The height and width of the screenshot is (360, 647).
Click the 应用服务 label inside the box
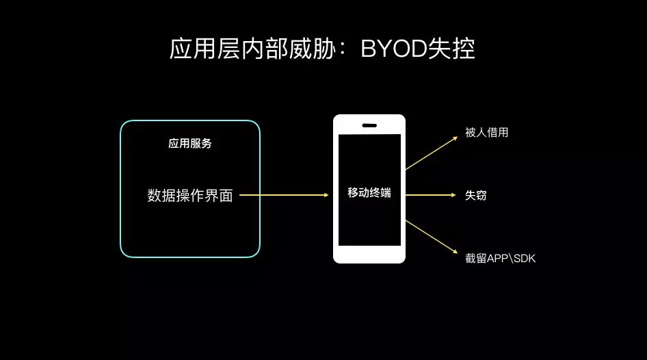(190, 144)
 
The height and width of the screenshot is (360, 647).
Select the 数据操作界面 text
(190, 196)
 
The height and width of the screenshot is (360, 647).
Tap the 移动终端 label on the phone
(369, 193)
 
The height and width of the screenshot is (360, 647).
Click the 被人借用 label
(486, 133)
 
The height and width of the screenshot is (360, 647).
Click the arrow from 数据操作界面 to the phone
(284, 196)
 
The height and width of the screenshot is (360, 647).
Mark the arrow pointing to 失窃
(431, 196)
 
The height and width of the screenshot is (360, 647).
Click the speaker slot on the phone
(369, 125)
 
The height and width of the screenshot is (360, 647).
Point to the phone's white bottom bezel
(369, 254)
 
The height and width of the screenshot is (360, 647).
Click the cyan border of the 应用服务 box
(121, 189)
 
